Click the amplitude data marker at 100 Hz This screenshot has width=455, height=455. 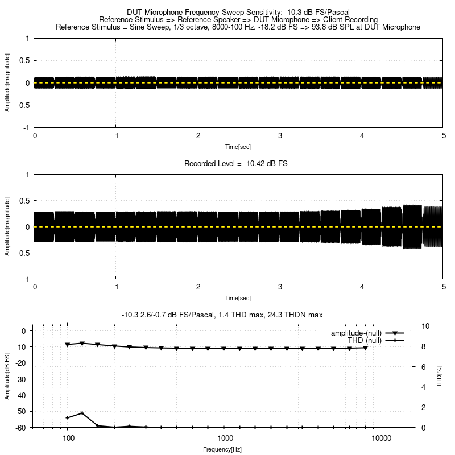[68, 345]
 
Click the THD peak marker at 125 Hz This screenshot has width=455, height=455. [82, 413]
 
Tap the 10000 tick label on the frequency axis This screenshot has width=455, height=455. [381, 439]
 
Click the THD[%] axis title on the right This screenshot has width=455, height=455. [439, 377]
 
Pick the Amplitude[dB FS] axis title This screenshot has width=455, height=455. [7, 377]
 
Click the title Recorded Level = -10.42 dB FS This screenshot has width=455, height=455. [236, 163]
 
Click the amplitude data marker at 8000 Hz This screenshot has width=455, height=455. [366, 348]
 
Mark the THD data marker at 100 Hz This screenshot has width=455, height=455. [68, 418]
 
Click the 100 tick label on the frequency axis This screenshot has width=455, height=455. [68, 439]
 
